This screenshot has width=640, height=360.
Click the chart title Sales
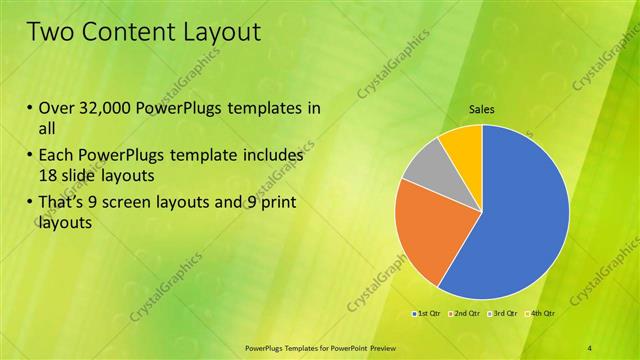pos(482,110)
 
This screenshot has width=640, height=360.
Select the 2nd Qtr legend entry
pos(465,314)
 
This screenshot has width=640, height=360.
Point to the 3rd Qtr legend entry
pos(503,314)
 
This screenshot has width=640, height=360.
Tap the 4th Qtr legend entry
pos(540,314)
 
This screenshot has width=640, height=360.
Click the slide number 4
pos(590,347)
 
